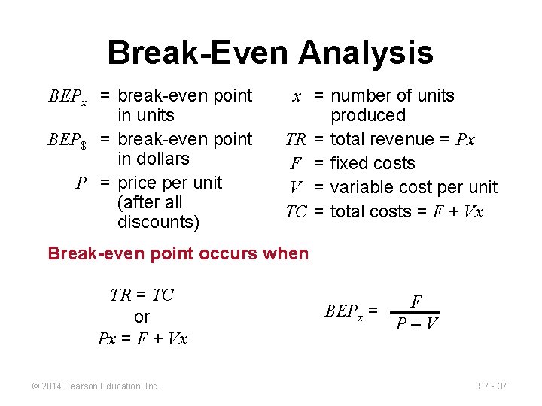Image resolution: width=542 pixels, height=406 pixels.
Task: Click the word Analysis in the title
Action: point(366,53)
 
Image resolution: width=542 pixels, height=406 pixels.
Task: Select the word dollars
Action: point(154,159)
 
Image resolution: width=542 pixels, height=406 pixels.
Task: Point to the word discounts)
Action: point(159,223)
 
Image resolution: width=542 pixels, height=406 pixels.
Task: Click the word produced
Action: point(368,115)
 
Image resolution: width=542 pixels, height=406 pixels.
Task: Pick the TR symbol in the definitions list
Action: point(295,140)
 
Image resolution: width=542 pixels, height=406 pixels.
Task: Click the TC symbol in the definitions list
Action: point(295,212)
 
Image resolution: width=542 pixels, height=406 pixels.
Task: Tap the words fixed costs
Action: point(373,163)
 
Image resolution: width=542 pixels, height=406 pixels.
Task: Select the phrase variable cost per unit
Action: point(414,187)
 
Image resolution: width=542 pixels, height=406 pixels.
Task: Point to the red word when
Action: point(287,253)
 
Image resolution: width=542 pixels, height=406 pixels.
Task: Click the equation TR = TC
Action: point(142,295)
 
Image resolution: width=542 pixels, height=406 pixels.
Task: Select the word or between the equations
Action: point(142,317)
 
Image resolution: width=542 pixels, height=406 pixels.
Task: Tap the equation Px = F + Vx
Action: point(142,338)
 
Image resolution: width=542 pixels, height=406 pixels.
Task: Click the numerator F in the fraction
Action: point(416,302)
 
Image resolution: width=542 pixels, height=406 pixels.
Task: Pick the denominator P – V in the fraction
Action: point(416,323)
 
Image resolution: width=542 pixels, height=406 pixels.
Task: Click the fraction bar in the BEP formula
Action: point(416,313)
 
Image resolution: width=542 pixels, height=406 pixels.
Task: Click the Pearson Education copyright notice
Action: point(96,386)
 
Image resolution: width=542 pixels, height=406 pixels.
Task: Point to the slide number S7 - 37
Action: point(492,386)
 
